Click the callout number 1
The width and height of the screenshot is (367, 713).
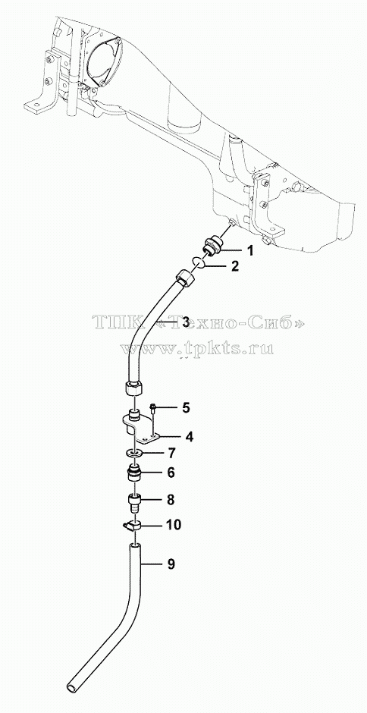249,250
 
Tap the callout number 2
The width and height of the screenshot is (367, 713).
234,266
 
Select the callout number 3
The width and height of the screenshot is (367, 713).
185,322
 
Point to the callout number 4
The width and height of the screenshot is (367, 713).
189,437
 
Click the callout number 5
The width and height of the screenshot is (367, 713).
186,407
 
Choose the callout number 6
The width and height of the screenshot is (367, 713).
171,473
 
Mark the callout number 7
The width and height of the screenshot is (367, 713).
171,453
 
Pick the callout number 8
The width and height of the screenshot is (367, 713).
171,500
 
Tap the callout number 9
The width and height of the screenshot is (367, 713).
171,564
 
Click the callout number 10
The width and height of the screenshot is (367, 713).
174,525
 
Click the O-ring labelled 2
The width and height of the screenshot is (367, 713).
198,263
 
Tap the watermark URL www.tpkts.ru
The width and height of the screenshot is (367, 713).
196,348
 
